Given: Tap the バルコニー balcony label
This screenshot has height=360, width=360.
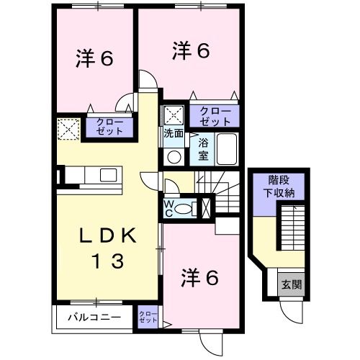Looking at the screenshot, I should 93,316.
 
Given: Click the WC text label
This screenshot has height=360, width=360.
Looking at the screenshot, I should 168,208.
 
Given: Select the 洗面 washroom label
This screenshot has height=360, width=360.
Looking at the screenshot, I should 173,134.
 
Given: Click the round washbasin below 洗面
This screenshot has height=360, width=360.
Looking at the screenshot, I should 174,156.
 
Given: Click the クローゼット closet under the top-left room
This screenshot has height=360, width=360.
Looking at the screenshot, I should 109,127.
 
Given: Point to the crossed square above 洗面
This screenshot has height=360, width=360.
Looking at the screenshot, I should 173,114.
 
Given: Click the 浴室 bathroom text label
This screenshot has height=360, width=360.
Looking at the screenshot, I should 204,149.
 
